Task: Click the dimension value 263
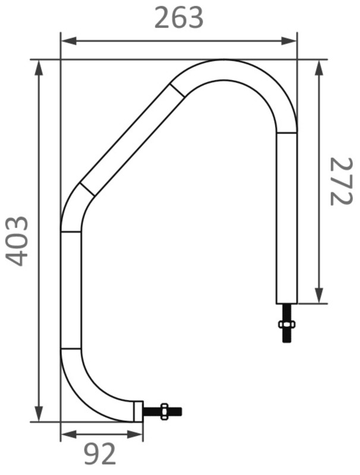(179, 18)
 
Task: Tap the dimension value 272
(341, 181)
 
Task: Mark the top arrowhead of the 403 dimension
(39, 66)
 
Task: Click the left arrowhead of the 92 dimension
(66, 435)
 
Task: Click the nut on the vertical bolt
(286, 324)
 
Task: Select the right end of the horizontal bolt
(181, 411)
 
